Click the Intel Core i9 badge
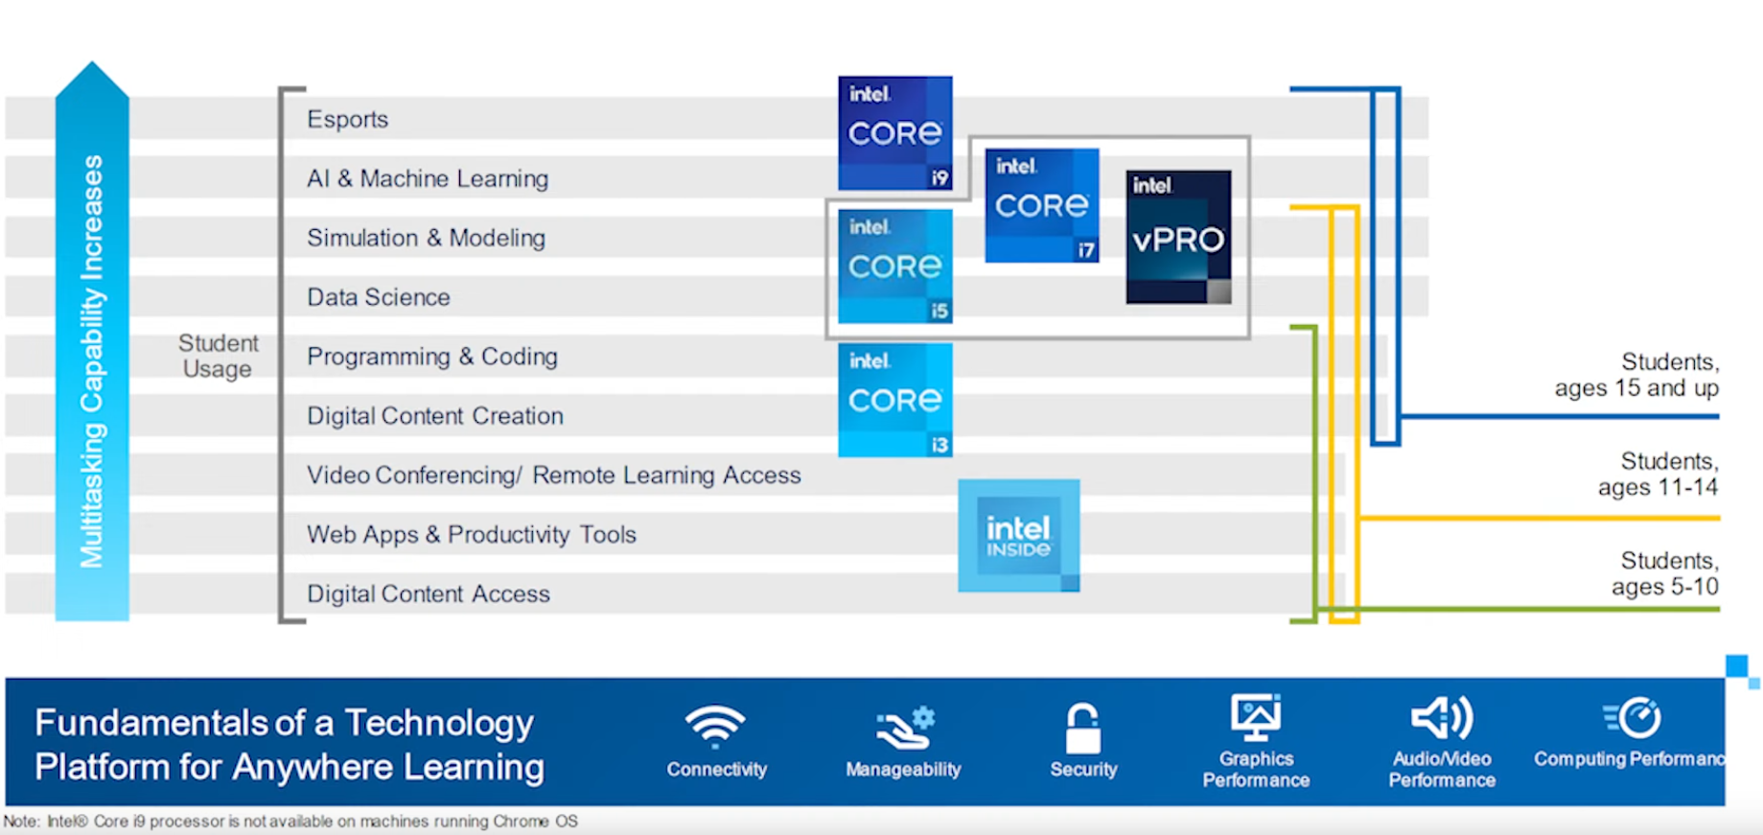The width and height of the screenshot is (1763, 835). tap(895, 133)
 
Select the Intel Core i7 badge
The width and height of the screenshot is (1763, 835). tap(1042, 205)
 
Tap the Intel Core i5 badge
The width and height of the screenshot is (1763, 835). tap(895, 267)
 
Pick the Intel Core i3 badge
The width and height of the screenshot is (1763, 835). tap(895, 400)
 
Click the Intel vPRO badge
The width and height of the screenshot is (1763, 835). tap(1179, 237)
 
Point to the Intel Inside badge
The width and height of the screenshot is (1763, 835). tap(1019, 536)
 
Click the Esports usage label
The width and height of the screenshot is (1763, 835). tap(348, 119)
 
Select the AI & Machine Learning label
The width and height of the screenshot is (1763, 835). tap(428, 178)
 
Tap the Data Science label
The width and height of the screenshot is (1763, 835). tap(379, 297)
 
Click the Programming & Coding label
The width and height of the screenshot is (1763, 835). tap(432, 357)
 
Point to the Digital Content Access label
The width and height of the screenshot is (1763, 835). tap(429, 593)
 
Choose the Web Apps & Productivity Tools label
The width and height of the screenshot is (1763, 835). tap(472, 534)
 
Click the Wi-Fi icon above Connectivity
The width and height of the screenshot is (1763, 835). tap(715, 727)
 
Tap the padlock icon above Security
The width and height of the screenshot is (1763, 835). tap(1083, 729)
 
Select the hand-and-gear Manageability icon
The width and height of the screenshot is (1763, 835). tap(905, 729)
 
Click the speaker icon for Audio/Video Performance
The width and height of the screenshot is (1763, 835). tap(1442, 718)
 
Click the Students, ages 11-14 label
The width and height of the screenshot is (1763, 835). tap(1659, 474)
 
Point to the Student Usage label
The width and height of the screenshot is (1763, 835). tap(218, 356)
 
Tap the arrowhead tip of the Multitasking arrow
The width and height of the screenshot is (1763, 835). tap(92, 62)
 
